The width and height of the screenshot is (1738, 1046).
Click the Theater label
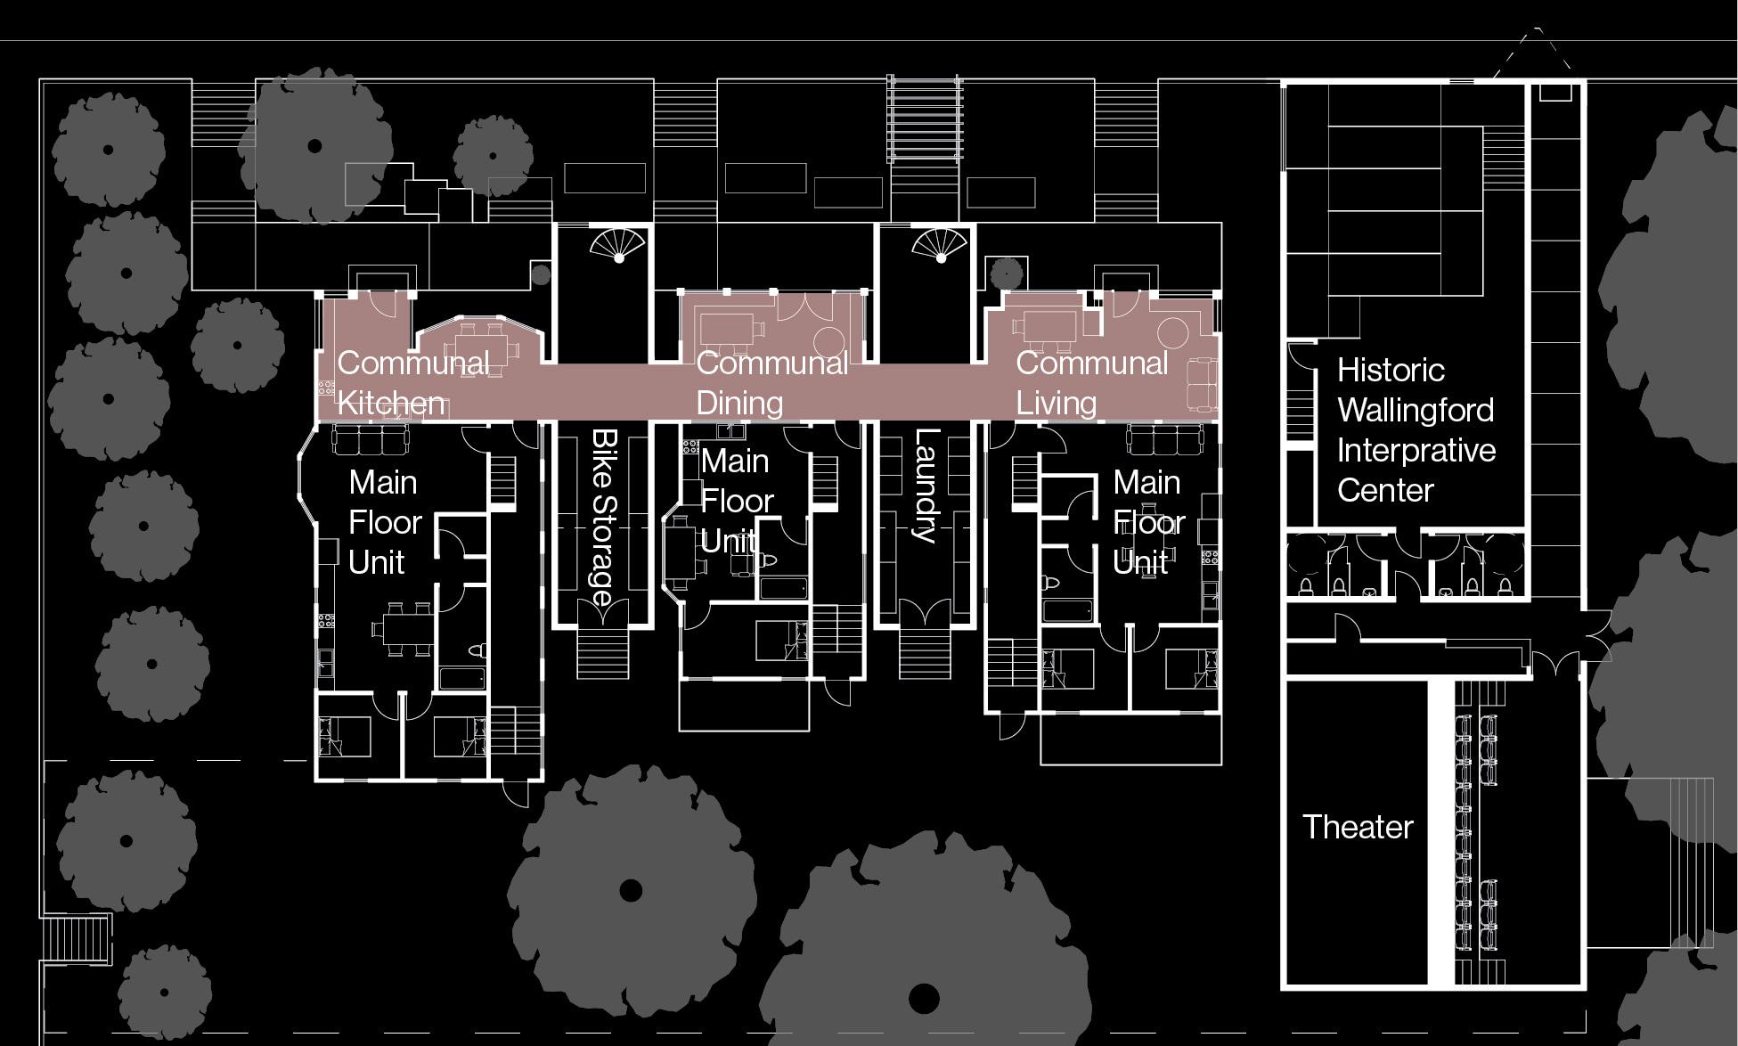pos(1357,827)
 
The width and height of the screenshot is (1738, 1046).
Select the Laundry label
pos(926,486)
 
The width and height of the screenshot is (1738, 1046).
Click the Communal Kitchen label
pos(412,383)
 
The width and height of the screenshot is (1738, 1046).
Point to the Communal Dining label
pos(771,383)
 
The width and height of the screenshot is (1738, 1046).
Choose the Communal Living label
pos(1091,383)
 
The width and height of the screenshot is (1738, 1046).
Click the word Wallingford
pos(1415,410)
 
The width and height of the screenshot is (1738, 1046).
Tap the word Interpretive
pos(1416,450)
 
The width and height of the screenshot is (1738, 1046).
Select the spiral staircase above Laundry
pos(939,244)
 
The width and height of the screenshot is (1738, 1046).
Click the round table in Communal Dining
pos(829,342)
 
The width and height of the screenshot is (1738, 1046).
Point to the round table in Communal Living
pos(1172,333)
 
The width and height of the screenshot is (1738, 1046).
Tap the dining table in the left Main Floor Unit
pos(402,628)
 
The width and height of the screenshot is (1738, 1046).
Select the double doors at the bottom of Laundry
pos(925,614)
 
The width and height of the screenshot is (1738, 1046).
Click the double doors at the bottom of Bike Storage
pos(603,614)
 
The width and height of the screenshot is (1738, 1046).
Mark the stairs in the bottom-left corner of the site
pos(77,939)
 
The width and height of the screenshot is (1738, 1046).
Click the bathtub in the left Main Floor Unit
pos(461,678)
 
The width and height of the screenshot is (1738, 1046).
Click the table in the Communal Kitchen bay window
pos(482,344)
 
